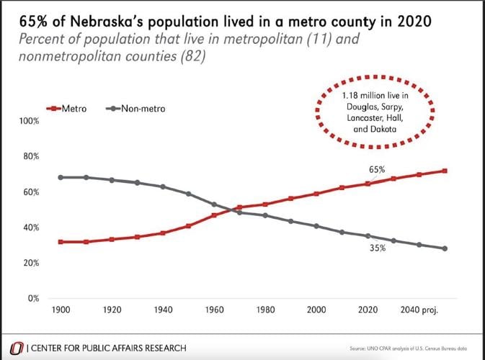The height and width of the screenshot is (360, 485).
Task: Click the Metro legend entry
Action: tap(69, 109)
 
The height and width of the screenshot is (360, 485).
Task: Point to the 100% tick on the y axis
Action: tap(29, 122)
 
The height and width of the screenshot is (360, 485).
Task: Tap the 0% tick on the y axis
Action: tap(33, 297)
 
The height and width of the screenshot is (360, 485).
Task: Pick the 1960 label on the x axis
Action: tap(214, 311)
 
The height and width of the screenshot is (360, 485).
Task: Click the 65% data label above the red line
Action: tap(378, 170)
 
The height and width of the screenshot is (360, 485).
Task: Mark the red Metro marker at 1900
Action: tap(62, 242)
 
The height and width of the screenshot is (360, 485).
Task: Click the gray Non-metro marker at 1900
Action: tap(62, 177)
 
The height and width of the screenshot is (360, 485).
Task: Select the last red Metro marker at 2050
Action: tap(445, 171)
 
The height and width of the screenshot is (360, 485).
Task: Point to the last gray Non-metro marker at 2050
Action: tap(445, 248)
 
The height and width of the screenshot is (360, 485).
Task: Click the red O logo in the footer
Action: tap(14, 347)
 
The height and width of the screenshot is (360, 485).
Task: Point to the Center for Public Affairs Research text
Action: tap(106, 348)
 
